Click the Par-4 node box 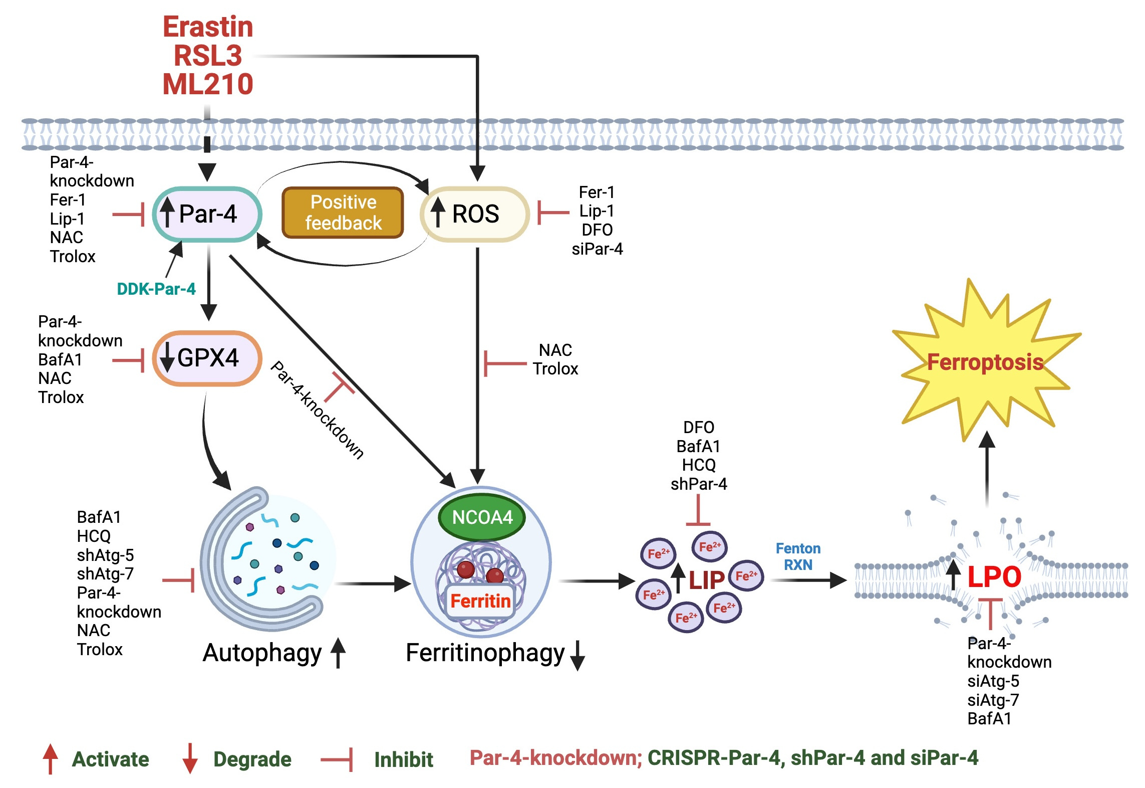(x=207, y=214)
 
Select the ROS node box (x=475, y=214)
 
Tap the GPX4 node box (x=207, y=358)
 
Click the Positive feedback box (x=343, y=213)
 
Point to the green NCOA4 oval (x=482, y=517)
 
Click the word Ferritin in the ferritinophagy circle (x=480, y=601)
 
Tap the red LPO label (x=994, y=577)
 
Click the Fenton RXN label (x=798, y=556)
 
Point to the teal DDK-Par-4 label (x=156, y=289)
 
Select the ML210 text (x=208, y=84)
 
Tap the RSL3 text (x=208, y=55)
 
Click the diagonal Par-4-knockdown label (x=317, y=410)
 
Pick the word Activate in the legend (x=110, y=759)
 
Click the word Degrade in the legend (x=252, y=759)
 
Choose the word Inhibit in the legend (x=403, y=759)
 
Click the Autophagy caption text (x=262, y=653)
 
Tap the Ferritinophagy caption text (x=485, y=653)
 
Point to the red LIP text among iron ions (x=706, y=580)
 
